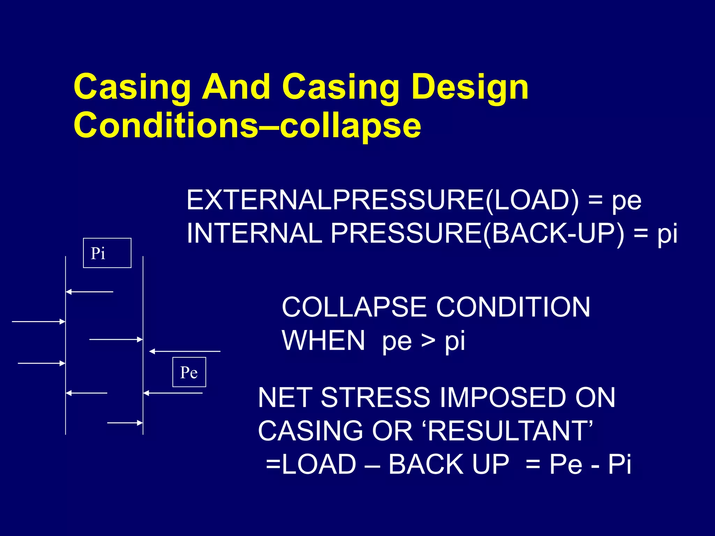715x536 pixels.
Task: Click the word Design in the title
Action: [470, 87]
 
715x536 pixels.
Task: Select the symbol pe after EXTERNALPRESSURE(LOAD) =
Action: [626, 201]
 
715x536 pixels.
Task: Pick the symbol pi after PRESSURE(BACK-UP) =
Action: [667, 234]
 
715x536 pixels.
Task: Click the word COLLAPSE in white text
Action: [354, 307]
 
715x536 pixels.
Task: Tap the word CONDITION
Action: [513, 307]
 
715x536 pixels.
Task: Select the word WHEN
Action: [323, 341]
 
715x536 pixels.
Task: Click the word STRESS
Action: [375, 397]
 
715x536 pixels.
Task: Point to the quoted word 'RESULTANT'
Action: [510, 431]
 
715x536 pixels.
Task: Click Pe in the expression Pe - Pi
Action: [565, 464]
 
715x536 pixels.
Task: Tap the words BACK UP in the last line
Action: [449, 464]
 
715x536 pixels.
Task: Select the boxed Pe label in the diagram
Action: [189, 372]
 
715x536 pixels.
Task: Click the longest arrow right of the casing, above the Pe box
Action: [185, 351]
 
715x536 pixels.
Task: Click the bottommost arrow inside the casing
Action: [125, 423]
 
